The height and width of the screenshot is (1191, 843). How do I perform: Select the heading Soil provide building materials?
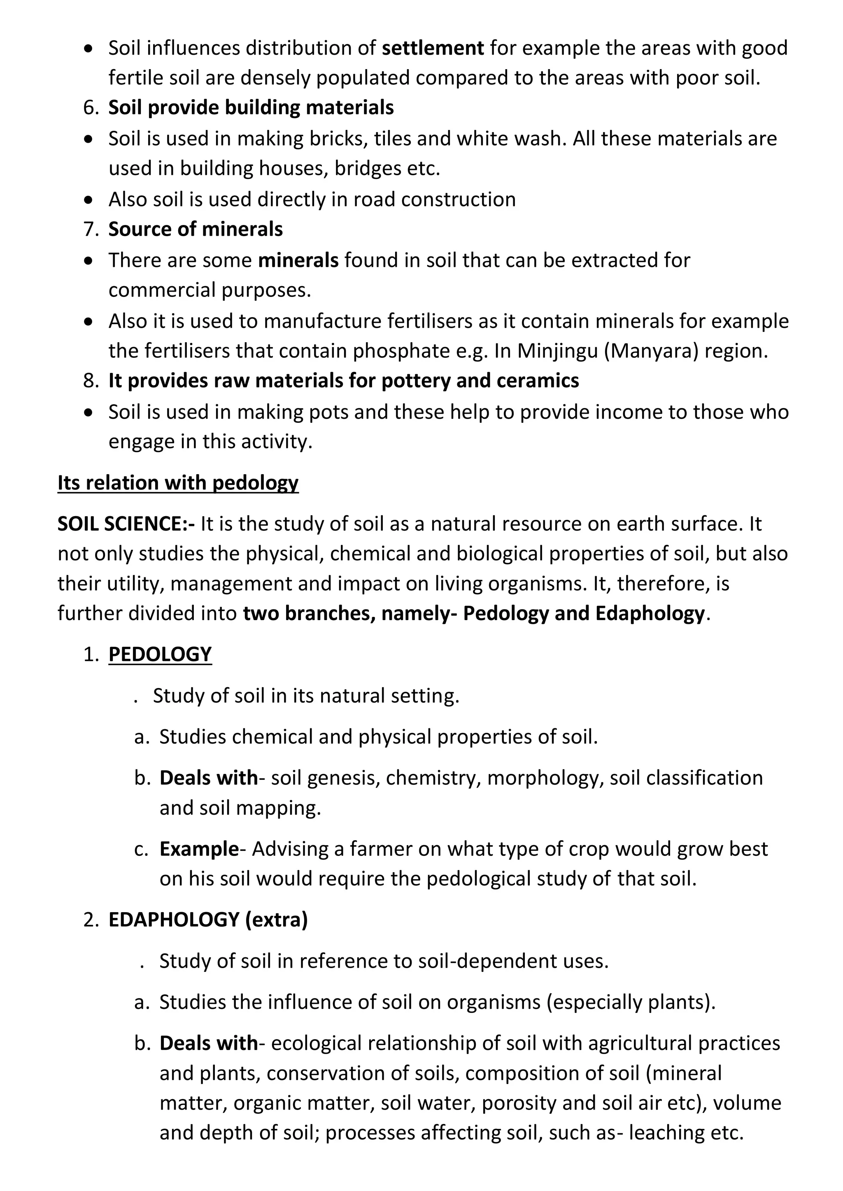point(251,108)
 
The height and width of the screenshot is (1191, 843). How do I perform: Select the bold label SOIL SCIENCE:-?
point(126,524)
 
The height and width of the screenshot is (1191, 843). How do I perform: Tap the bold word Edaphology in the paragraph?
point(650,614)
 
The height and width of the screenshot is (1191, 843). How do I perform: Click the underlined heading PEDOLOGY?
point(160,654)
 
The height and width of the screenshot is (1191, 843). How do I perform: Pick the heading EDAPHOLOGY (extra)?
point(207,920)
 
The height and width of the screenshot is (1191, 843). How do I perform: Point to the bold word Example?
point(199,849)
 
